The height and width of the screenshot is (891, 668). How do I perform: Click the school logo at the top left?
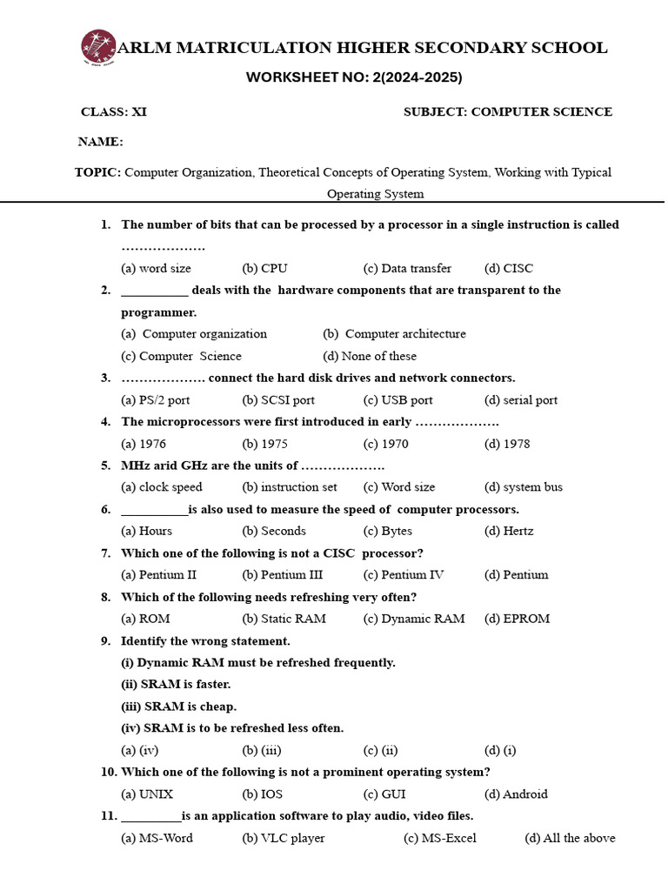tap(98, 48)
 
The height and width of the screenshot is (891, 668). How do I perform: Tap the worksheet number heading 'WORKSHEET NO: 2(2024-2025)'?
tap(354, 77)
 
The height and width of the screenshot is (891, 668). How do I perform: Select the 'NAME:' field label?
tap(101, 142)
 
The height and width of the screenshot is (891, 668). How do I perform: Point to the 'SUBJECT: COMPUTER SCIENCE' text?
tap(508, 112)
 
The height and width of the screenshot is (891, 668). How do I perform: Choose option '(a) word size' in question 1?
tap(157, 268)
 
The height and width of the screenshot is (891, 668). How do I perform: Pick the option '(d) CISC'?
tap(509, 268)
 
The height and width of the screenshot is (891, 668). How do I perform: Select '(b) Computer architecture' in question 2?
tap(394, 333)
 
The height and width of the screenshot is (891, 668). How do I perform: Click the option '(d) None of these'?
tap(370, 356)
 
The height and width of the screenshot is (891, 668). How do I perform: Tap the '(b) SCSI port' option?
tap(278, 400)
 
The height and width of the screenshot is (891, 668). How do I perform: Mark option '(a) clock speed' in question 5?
tap(162, 487)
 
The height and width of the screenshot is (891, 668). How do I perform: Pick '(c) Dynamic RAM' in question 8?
tap(414, 619)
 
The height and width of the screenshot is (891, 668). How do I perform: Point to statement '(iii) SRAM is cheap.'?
tap(178, 707)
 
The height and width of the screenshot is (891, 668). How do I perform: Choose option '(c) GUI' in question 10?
tap(384, 794)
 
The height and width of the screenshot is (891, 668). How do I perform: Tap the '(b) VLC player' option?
tap(284, 838)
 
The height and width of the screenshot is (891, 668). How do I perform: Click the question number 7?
tap(105, 553)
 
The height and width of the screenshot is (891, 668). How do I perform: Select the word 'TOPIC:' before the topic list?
tap(98, 172)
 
